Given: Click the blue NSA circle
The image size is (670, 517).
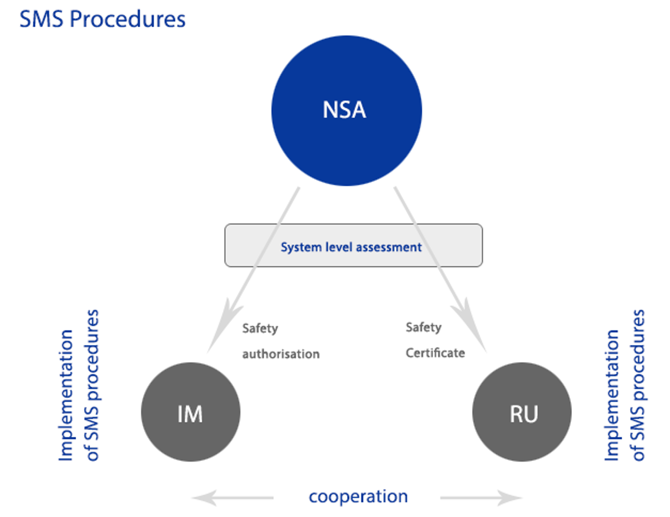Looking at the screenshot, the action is (x=347, y=111).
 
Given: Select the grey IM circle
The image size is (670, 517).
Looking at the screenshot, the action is (x=191, y=412).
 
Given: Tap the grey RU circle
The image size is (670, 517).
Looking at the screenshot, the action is (x=522, y=412).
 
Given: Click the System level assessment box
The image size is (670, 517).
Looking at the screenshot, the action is (x=354, y=245).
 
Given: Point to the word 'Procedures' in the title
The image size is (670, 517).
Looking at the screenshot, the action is (x=128, y=19).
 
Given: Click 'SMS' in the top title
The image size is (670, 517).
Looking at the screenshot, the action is (x=41, y=19).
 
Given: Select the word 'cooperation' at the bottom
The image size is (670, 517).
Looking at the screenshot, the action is (x=358, y=496).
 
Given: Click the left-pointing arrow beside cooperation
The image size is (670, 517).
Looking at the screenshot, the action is (x=232, y=498).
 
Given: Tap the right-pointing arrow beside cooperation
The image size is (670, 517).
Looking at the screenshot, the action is (x=481, y=498).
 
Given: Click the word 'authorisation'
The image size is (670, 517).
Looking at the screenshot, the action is (x=281, y=354).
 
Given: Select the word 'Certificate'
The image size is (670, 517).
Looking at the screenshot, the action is (x=435, y=353).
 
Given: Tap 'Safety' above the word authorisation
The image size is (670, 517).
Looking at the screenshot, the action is (x=260, y=329).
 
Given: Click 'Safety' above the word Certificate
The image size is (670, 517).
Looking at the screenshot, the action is (x=423, y=327).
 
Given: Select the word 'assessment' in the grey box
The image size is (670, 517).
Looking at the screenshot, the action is (x=389, y=247).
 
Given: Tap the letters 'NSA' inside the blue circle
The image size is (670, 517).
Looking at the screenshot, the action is (x=344, y=110).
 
